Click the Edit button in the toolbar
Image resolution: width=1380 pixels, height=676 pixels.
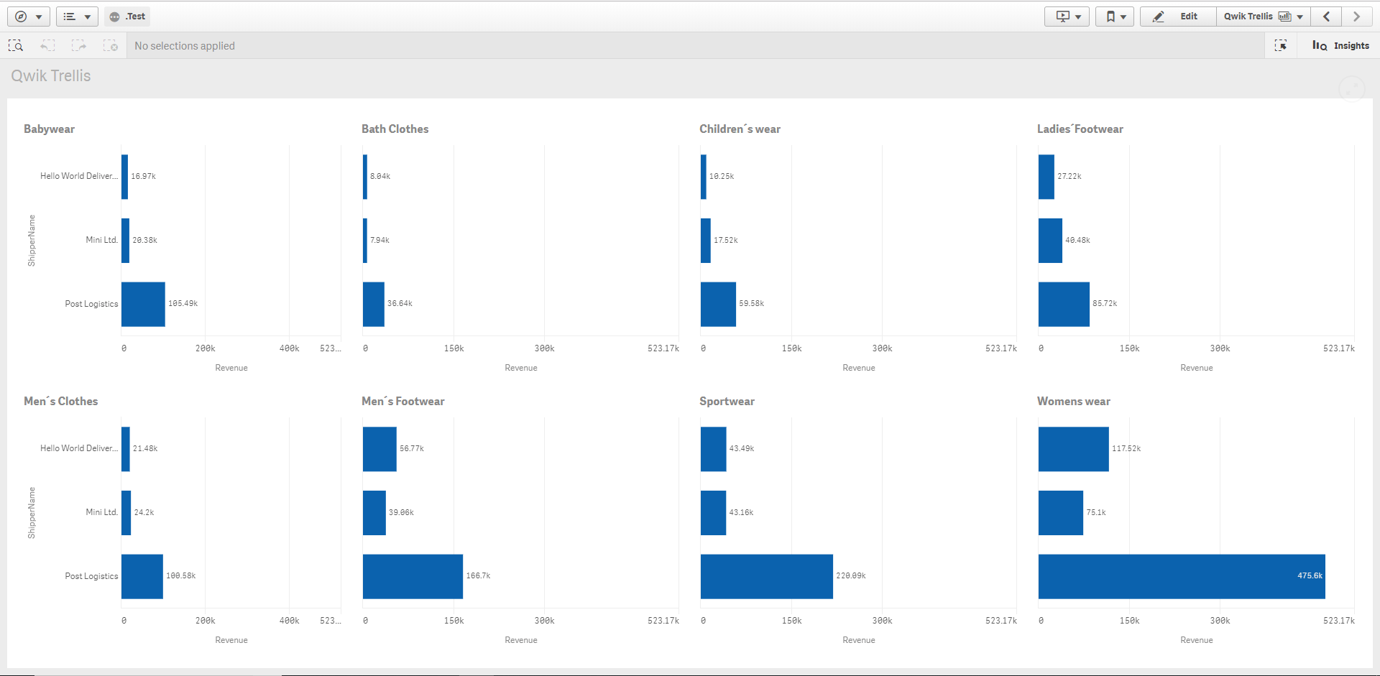tap(1178, 17)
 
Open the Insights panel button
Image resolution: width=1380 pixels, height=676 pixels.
tap(1340, 45)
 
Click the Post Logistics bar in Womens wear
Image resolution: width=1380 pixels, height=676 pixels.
tap(1181, 576)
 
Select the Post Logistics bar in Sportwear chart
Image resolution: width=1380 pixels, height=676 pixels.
tap(766, 576)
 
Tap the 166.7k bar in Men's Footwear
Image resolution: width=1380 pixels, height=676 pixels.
tap(413, 576)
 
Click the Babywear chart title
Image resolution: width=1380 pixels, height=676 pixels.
tap(49, 129)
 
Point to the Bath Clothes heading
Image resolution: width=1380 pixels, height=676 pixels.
tap(395, 129)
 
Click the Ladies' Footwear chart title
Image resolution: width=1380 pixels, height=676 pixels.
tap(1080, 129)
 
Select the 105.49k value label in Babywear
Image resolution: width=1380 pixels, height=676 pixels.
tap(183, 304)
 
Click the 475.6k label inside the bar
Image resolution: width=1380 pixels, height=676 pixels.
tap(1309, 576)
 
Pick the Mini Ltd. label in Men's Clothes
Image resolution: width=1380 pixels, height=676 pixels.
tap(101, 512)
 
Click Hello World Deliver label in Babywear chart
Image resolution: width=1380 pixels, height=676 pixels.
tap(78, 176)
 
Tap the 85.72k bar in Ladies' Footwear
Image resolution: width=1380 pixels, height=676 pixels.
tap(1064, 304)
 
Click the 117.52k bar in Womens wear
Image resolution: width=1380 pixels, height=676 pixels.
tap(1073, 449)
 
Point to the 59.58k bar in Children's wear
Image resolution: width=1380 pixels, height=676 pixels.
tap(718, 304)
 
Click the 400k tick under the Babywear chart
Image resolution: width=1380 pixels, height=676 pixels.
tap(289, 348)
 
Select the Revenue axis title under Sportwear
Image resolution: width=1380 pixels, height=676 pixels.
tap(858, 640)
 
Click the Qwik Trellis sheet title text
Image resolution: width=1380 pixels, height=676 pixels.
tap(50, 76)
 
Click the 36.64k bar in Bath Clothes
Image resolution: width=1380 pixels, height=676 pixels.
tap(374, 304)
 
